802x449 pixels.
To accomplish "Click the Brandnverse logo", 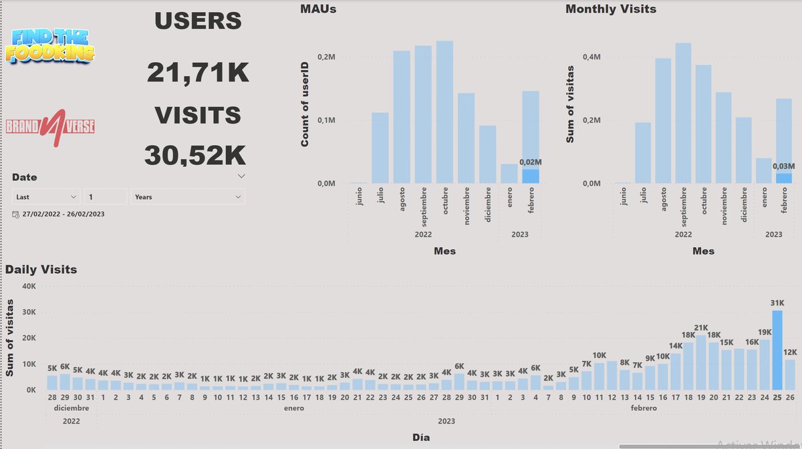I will coord(50,126).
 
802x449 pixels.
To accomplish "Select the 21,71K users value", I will coord(198,72).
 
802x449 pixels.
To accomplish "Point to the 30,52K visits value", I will coord(195,156).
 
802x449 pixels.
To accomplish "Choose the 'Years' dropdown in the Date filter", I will coord(188,197).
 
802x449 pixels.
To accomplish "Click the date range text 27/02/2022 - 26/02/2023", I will coord(63,214).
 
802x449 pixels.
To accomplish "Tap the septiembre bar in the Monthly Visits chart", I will coord(683,113).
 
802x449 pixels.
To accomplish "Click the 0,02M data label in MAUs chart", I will coord(531,162).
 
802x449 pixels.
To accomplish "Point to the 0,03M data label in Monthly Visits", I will coord(784,166).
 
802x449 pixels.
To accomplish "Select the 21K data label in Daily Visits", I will coord(701,328).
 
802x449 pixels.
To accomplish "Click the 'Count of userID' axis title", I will coord(305,111).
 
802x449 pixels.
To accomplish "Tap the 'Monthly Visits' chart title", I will coord(610,9).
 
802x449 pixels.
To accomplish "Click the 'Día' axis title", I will coord(421,438).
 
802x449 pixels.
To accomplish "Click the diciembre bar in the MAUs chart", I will coord(488,154).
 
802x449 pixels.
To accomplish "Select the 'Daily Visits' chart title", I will coord(41,270).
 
